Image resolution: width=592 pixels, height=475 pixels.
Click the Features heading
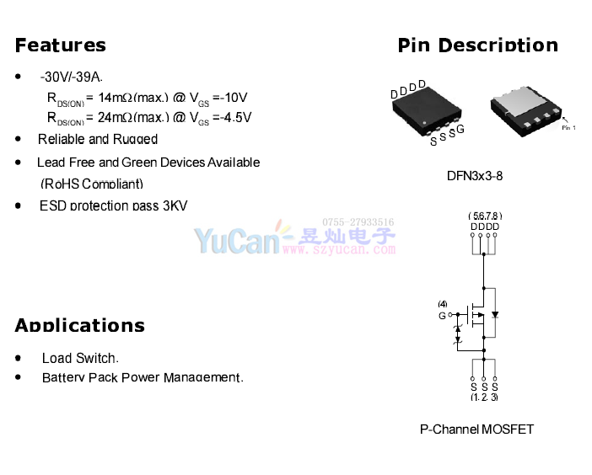pos(61,45)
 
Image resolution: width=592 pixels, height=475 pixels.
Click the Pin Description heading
pos(477,45)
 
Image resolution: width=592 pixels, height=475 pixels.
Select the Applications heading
pos(79,326)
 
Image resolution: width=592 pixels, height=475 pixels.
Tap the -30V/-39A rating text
pos(72,77)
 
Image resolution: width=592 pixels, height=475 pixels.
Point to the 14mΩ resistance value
pos(114,97)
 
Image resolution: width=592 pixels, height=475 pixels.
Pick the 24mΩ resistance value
pos(114,117)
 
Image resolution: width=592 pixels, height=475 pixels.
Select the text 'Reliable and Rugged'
pos(98,139)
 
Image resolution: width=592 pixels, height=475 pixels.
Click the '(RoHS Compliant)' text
pos(92,184)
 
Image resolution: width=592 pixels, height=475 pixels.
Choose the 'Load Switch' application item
pos(80,358)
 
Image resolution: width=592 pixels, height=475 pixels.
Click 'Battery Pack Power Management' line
pos(143,377)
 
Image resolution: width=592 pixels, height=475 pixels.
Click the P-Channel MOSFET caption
pos(476,429)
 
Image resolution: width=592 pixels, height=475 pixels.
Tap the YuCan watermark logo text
pos(237,242)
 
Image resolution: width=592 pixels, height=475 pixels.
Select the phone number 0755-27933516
pos(358,222)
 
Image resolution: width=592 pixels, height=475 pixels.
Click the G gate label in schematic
pos(442,316)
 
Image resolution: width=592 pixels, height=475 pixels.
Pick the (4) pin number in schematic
pos(442,304)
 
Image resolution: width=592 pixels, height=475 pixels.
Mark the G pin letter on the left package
pos(460,129)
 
